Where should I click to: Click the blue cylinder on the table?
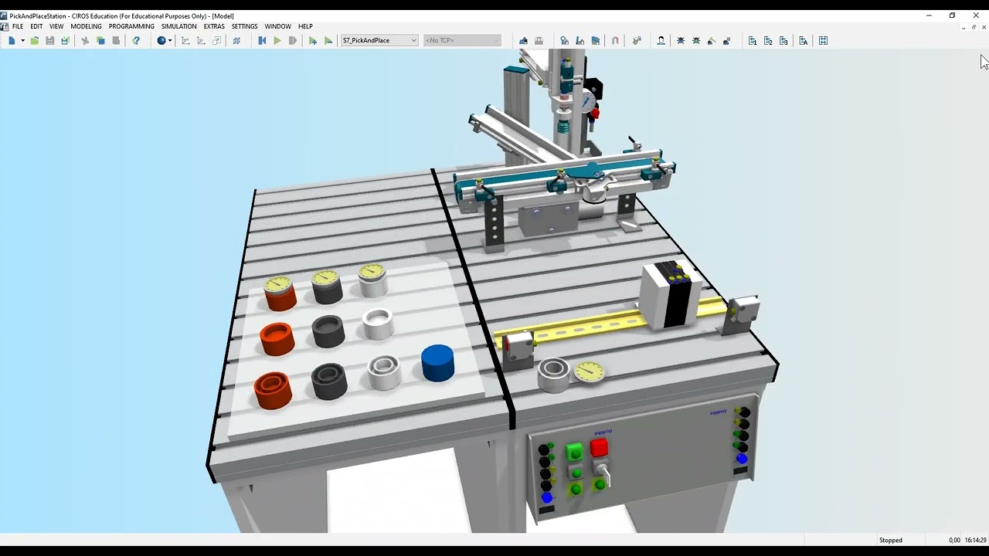point(437,363)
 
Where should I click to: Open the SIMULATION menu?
point(178,26)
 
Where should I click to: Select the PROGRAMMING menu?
point(131,26)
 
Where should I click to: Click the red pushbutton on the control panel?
point(599,448)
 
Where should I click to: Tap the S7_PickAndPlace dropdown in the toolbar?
point(379,40)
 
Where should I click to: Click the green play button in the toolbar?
point(277,40)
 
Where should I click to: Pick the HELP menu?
point(305,26)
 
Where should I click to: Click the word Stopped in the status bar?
point(890,540)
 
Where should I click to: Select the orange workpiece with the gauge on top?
point(279,293)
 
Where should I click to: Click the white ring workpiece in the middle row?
point(378,324)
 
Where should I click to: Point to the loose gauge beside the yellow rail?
point(590,371)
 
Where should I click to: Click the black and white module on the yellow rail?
point(671,295)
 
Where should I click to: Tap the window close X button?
point(976,15)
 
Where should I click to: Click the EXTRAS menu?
point(214,26)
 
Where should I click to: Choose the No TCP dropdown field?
point(462,40)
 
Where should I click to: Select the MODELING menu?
point(86,26)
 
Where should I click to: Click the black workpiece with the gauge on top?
point(327,286)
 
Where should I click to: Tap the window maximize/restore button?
point(952,15)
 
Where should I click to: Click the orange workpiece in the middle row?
point(276,338)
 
